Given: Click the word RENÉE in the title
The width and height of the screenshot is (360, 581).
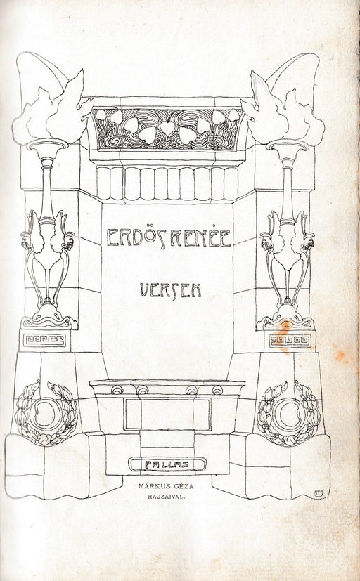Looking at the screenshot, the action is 201,237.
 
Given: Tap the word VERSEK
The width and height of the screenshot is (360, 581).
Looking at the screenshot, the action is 171,290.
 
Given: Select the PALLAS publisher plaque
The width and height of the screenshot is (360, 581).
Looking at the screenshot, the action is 167,464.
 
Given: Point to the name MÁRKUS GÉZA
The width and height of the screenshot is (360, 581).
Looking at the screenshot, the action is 166,486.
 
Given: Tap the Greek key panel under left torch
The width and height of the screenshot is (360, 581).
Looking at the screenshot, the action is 44,340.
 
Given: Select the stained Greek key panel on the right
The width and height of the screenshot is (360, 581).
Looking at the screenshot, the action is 290,341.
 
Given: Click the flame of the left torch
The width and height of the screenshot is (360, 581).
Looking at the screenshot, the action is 52,111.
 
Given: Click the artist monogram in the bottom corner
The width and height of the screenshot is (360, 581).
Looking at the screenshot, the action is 317,492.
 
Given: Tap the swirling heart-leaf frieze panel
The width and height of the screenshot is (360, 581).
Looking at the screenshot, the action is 167,129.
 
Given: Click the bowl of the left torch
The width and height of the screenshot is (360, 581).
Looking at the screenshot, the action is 47,146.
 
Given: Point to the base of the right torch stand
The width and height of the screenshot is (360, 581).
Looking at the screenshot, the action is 286,318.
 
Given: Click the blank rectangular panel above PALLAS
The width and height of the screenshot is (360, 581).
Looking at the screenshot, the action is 167,414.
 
